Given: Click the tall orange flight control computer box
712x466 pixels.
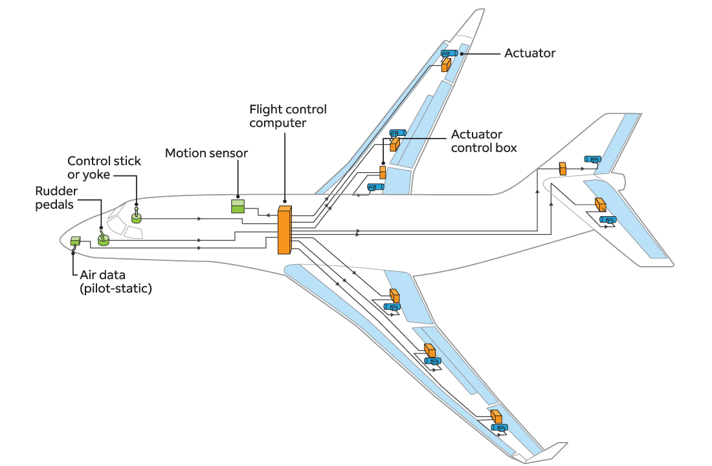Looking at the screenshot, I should (285, 230).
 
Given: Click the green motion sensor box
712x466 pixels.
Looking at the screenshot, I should (239, 206).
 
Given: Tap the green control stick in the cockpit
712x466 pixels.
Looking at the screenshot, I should (137, 217).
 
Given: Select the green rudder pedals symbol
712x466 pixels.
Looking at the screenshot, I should (103, 239).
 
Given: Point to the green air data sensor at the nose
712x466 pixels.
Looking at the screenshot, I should (74, 241).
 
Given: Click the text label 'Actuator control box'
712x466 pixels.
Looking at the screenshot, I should (484, 141).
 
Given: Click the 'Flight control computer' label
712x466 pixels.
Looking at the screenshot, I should (288, 116).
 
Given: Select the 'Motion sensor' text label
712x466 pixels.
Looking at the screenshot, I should (206, 153).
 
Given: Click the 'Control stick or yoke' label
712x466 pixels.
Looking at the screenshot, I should (104, 168).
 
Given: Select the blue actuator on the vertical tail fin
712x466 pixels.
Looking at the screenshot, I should (592, 159).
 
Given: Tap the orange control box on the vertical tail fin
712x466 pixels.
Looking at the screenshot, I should (562, 169).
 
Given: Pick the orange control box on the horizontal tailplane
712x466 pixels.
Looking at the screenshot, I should (601, 205).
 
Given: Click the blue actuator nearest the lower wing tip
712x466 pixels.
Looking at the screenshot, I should (499, 427).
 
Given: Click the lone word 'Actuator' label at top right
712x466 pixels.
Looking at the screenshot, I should (529, 53).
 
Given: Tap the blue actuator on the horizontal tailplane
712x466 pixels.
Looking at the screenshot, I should (608, 220).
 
